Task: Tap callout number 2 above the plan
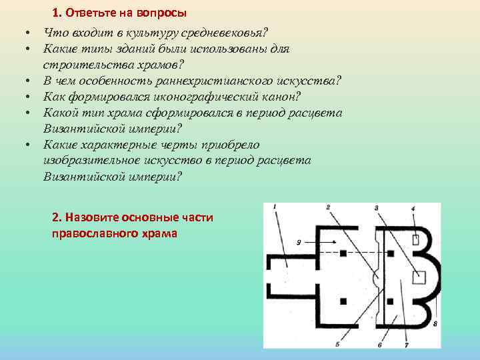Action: coord(328,208)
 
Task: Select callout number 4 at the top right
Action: coord(377,208)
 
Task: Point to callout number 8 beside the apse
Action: coord(413,209)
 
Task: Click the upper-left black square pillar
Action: coord(343,253)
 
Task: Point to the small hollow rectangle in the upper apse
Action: coord(415,239)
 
